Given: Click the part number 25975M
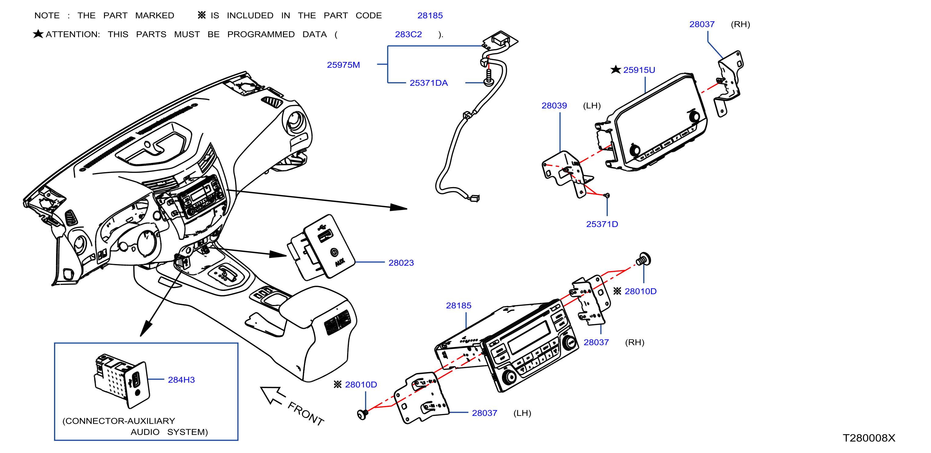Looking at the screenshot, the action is click(343, 65).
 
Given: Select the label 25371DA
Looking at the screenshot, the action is click(429, 83).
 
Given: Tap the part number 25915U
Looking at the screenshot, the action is click(639, 70).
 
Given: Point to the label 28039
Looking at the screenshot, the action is click(554, 105).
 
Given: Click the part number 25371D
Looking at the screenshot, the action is click(602, 224).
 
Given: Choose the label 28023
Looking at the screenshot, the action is click(401, 263).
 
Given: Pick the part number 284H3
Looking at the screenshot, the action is click(181, 379).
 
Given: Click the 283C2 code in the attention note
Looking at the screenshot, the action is click(408, 34).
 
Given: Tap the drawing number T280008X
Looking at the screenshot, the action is click(869, 438).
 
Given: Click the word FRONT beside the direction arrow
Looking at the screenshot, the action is click(306, 414).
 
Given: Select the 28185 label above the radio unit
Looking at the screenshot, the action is click(459, 305).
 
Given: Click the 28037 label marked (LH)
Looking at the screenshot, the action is click(485, 413).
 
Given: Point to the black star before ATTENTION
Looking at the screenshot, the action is click(38, 34).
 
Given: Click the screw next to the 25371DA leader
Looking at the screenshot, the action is click(489, 78).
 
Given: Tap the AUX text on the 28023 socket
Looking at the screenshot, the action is click(340, 262).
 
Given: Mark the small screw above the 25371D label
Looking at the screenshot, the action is click(607, 195).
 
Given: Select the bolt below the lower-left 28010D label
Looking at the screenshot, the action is click(362, 414).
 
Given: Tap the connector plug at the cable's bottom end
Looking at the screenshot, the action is click(474, 198).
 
